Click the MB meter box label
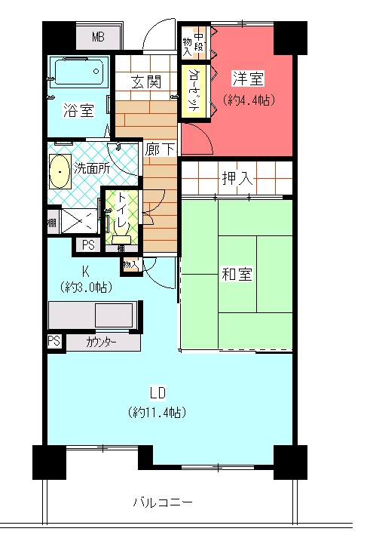coord(98,36)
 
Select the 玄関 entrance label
coord(146,82)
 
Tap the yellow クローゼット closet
coord(194,91)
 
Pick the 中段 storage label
coord(199,42)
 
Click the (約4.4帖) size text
coord(248,100)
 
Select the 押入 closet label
coord(237,179)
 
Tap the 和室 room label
coord(237,274)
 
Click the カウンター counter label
coord(101,342)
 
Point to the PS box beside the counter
coord(54,342)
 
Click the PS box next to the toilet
coord(88,244)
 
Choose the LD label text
coord(158,393)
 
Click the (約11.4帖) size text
coord(158,412)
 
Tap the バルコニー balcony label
coord(163,502)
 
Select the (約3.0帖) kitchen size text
coord(86,287)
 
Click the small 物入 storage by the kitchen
coord(131,264)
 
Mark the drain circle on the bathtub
coord(96,72)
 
